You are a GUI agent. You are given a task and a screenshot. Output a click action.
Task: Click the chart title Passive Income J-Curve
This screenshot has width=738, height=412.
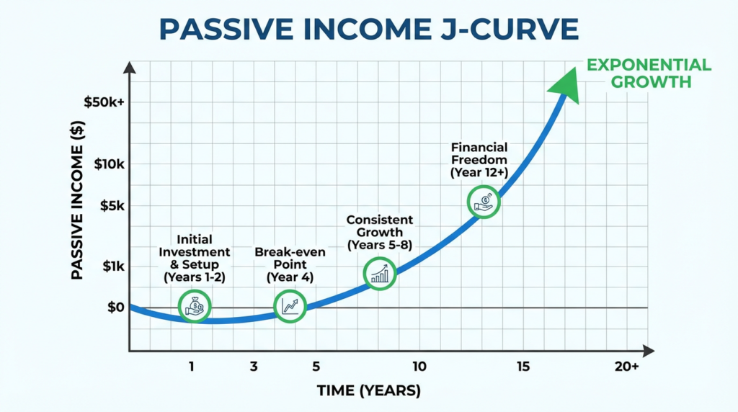(x=368, y=30)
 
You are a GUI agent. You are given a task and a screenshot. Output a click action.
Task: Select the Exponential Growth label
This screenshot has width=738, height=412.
(x=649, y=73)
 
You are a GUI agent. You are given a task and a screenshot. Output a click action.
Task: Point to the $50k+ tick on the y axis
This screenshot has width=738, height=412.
(x=104, y=102)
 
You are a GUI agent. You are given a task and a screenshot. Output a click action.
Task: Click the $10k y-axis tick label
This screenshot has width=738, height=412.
(x=109, y=164)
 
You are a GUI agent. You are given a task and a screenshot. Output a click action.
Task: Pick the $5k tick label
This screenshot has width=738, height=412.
(x=112, y=205)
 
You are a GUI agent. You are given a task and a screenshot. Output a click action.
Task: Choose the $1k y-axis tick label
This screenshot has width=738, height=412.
(x=112, y=266)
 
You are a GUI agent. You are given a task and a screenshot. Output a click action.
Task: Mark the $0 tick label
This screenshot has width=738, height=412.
(x=115, y=308)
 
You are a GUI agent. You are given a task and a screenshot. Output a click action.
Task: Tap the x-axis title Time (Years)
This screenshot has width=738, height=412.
(x=368, y=391)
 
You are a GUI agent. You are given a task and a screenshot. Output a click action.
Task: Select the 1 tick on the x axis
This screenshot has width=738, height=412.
(x=192, y=367)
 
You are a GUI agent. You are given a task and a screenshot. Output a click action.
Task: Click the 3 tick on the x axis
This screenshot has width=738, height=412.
(x=254, y=367)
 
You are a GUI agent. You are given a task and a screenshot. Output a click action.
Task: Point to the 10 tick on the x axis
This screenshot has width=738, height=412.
(x=419, y=367)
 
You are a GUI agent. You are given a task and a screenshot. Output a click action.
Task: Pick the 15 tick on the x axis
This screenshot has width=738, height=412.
(x=523, y=367)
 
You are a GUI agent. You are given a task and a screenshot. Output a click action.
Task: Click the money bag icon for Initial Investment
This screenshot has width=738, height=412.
(x=195, y=306)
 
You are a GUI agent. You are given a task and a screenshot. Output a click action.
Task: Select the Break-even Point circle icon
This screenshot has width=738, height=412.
(x=290, y=306)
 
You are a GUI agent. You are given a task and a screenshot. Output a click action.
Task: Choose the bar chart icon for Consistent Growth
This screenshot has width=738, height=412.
(x=380, y=273)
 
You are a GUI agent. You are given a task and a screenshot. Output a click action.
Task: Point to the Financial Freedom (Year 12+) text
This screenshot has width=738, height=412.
(x=479, y=161)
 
